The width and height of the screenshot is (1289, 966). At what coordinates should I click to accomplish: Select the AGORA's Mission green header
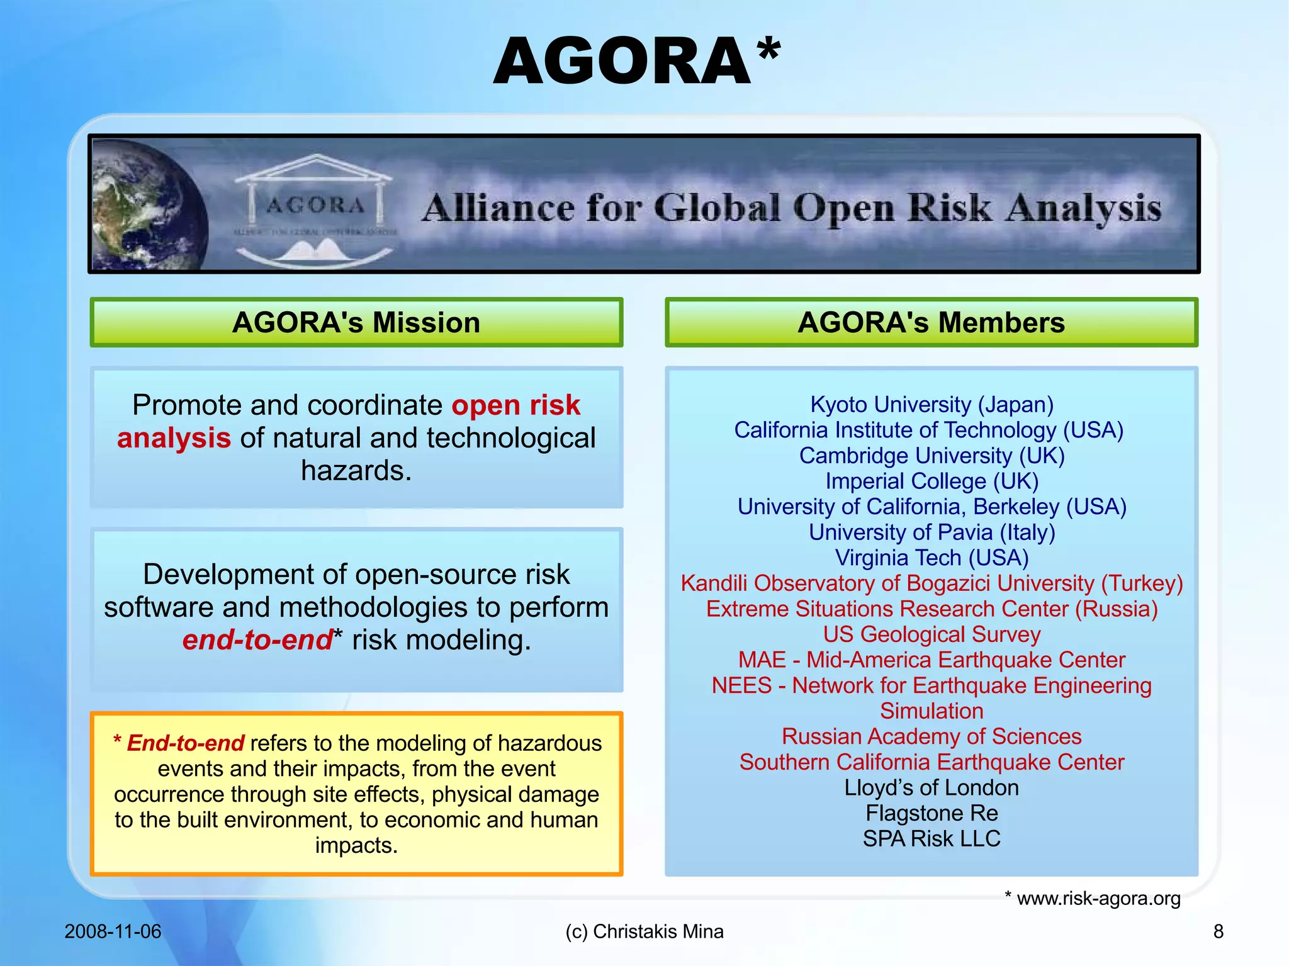356,322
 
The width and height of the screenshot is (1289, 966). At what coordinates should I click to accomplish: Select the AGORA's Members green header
931,322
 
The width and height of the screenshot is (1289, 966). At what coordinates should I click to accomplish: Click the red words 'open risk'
516,405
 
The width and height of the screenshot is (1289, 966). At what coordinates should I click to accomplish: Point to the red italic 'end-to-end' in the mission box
257,640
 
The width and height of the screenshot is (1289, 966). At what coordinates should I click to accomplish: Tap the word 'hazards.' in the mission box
356,471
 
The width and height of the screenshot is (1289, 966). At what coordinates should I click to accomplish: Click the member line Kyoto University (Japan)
932,405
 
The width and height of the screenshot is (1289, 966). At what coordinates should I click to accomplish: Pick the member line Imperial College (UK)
932,481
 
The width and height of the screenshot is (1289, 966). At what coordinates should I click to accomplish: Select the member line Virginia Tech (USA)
932,558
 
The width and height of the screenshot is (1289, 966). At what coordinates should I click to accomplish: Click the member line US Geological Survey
932,634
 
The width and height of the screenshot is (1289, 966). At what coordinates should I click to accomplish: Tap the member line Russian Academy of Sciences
932,736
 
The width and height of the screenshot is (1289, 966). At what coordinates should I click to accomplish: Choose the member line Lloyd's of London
932,788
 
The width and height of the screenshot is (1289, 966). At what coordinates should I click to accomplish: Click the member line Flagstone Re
932,813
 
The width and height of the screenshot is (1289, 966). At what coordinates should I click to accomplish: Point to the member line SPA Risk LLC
932,839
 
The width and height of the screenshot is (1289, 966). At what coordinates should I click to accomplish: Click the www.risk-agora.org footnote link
1098,898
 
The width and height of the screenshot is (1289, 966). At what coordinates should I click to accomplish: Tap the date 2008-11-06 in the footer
113,931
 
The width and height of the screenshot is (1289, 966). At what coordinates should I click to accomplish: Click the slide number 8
1219,931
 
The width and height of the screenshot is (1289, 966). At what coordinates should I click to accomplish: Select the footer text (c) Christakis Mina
644,931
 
